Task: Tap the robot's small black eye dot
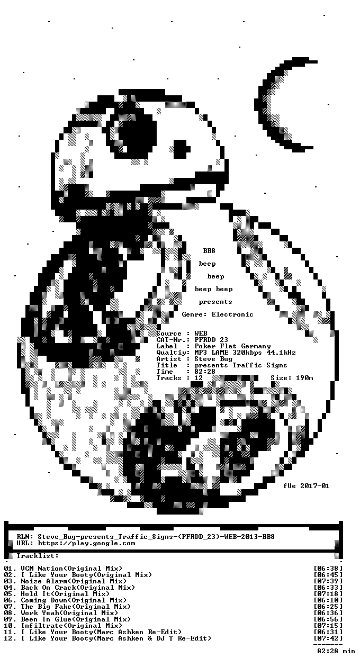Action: pyautogui.click(x=182, y=149)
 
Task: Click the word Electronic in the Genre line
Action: pyautogui.click(x=232, y=314)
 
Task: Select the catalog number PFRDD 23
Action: pyautogui.click(x=211, y=340)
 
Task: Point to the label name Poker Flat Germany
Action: pyautogui.click(x=232, y=346)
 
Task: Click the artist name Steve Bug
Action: pyautogui.click(x=213, y=359)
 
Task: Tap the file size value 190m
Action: pyautogui.click(x=304, y=378)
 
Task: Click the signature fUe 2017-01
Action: pyautogui.click(x=307, y=486)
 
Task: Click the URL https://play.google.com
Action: pyautogui.click(x=86, y=543)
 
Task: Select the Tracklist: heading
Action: pyautogui.click(x=38, y=556)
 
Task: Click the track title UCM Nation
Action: pyautogui.click(x=42, y=569)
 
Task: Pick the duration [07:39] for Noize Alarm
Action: pyautogui.click(x=328, y=581)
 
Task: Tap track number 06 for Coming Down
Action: pyautogui.click(x=8, y=600)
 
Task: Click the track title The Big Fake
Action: pyautogui.click(x=46, y=607)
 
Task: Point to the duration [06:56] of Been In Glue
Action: pyautogui.click(x=328, y=619)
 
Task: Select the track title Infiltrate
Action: pyautogui.click(x=42, y=626)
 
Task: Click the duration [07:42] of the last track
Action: pyautogui.click(x=328, y=638)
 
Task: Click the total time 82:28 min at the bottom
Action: pyautogui.click(x=336, y=651)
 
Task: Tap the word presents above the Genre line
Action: pyautogui.click(x=215, y=302)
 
